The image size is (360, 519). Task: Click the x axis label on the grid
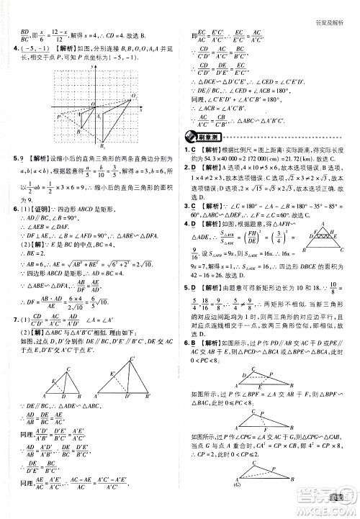[x=133, y=112]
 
